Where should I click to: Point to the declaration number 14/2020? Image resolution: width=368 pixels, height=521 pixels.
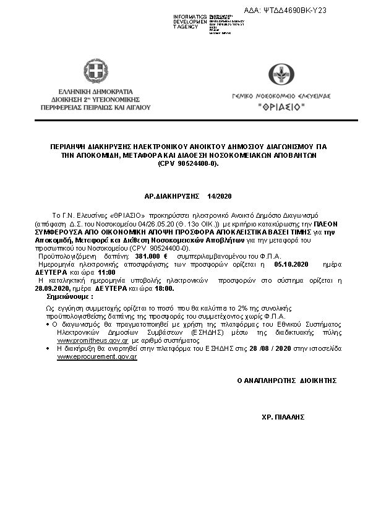[219, 196]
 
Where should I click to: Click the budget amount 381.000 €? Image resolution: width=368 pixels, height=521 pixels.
[155, 256]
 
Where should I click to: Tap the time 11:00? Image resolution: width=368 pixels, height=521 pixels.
[107, 272]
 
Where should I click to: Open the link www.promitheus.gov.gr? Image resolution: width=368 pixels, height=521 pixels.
[93, 340]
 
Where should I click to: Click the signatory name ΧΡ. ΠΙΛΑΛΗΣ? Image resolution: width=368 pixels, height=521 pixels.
[284, 418]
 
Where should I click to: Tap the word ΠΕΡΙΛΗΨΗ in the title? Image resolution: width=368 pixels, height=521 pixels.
[69, 146]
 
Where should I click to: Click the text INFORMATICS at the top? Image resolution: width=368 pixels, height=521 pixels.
[189, 15]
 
